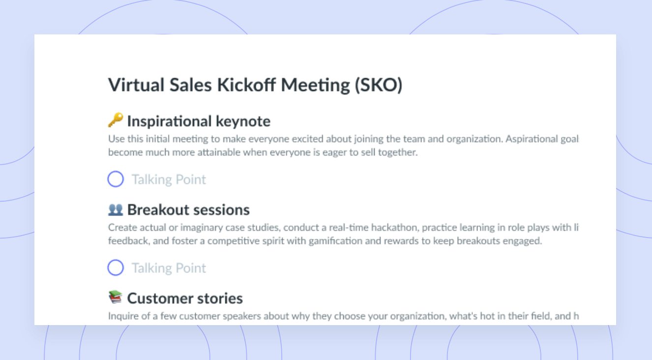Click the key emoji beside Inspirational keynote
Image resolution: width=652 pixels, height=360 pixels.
click(x=116, y=120)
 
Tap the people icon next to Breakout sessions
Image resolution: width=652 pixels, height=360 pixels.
click(x=116, y=210)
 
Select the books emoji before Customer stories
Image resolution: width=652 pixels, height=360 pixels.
click(x=116, y=297)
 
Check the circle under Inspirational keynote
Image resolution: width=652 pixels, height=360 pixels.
click(x=116, y=179)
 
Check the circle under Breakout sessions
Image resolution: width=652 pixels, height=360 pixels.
click(x=116, y=268)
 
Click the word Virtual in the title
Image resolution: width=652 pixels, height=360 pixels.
click(x=136, y=85)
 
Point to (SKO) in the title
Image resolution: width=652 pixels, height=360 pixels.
click(x=379, y=85)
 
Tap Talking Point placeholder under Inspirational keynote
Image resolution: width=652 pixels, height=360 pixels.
click(x=169, y=180)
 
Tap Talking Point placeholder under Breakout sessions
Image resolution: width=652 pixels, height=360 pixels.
click(x=169, y=268)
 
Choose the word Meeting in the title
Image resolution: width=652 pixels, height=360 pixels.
click(x=316, y=85)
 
